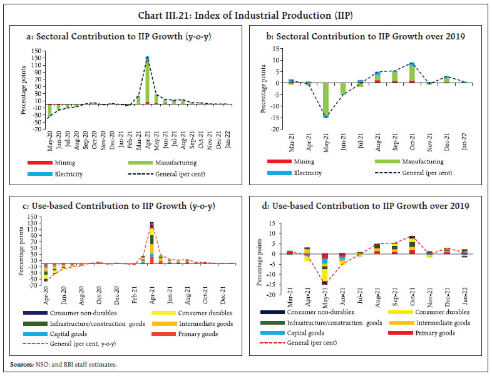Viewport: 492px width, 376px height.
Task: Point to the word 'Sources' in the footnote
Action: pyautogui.click(x=21, y=365)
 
